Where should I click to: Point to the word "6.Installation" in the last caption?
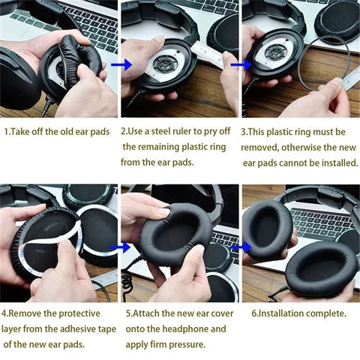276,313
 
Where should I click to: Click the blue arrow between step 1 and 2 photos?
115,65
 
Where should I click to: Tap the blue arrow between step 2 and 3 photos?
239,65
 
